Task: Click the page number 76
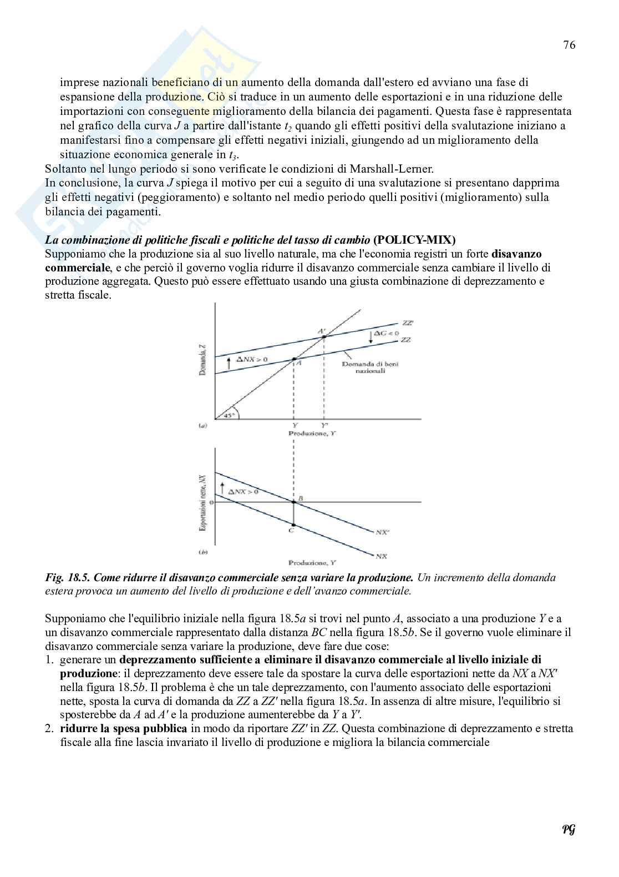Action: pos(569,46)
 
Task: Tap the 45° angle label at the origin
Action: pos(229,414)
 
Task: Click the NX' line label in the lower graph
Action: pos(382,532)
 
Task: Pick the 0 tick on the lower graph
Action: pos(211,502)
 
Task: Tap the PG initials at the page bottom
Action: pos(568,830)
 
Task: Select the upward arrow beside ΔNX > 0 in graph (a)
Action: pos(229,363)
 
